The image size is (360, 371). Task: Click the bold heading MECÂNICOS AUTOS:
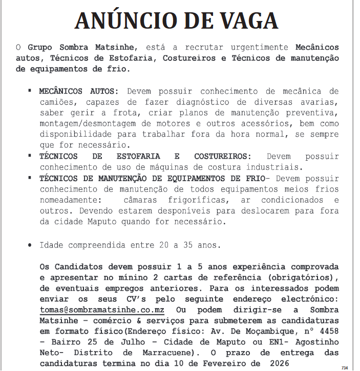pos(79,91)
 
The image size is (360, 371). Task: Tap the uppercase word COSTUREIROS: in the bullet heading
pos(223,156)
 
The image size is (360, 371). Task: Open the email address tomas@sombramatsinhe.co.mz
pos(102,310)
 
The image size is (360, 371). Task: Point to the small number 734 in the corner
pos(344,367)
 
